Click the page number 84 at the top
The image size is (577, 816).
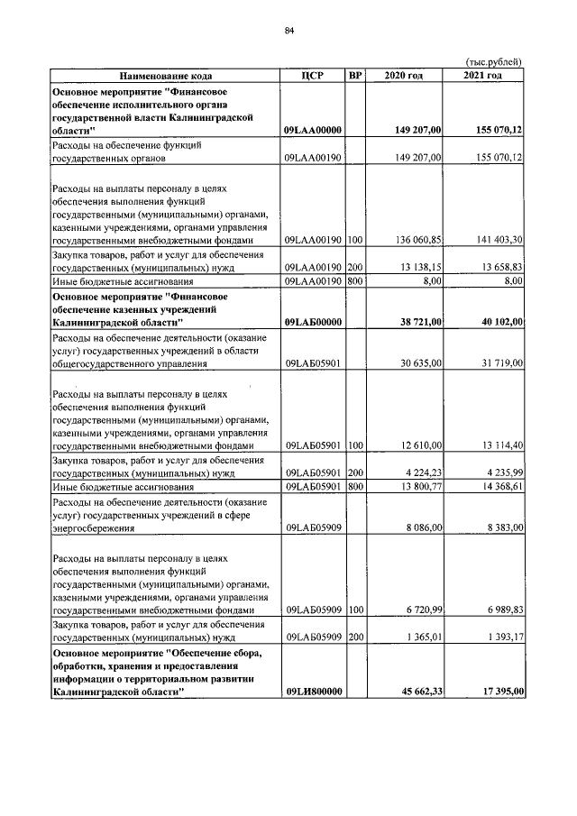[289, 31]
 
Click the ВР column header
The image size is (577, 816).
[355, 75]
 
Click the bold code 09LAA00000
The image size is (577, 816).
[312, 131]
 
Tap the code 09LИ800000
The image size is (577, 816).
[312, 691]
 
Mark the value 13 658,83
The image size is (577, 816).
[499, 268]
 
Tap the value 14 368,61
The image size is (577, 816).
[499, 487]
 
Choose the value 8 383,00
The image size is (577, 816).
[502, 527]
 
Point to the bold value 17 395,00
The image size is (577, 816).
[499, 691]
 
